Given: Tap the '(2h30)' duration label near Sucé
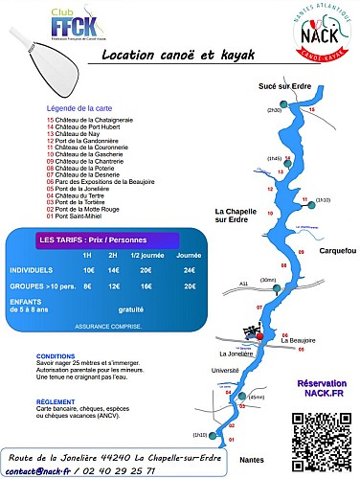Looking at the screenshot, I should click(x=273, y=111).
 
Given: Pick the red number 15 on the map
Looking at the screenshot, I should click(x=311, y=111).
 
